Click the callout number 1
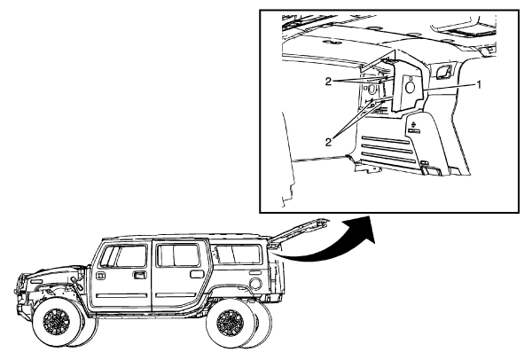[x=479, y=85]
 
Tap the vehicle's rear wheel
[x=228, y=325]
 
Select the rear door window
[x=177, y=255]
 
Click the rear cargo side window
[x=239, y=254]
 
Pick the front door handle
[x=140, y=275]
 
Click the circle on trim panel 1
[x=411, y=88]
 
